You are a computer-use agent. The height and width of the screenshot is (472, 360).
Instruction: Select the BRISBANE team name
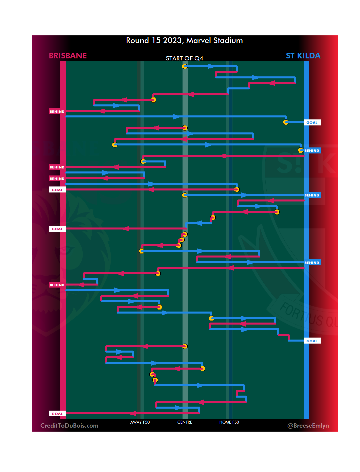[68, 56]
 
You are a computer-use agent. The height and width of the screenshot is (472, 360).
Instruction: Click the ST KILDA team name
[303, 56]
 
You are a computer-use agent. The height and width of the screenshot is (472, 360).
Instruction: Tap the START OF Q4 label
[184, 58]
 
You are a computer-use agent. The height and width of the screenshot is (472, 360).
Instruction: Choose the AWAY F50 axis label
[140, 422]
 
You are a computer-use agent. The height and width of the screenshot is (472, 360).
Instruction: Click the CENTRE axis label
[185, 422]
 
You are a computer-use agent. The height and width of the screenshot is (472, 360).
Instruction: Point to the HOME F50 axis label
[229, 422]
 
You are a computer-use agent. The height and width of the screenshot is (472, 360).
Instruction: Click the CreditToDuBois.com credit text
[69, 426]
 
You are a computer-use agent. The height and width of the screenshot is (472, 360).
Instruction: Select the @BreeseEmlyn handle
[308, 426]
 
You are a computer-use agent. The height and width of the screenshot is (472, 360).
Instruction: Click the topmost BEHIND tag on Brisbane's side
[57, 111]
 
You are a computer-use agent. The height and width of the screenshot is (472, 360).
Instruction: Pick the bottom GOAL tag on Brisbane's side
[57, 414]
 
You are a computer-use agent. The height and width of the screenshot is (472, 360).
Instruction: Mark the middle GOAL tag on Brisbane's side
[57, 229]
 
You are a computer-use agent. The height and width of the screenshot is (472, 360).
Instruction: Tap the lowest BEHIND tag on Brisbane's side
[57, 285]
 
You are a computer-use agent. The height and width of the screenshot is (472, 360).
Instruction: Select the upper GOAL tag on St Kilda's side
[312, 122]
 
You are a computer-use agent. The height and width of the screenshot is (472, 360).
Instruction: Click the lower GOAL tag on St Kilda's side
[312, 341]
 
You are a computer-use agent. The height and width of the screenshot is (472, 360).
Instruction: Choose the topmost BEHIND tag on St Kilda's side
[312, 150]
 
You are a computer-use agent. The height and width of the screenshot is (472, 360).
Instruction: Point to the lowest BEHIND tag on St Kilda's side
[312, 263]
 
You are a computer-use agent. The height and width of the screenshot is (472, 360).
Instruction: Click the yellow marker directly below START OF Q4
[185, 66]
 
